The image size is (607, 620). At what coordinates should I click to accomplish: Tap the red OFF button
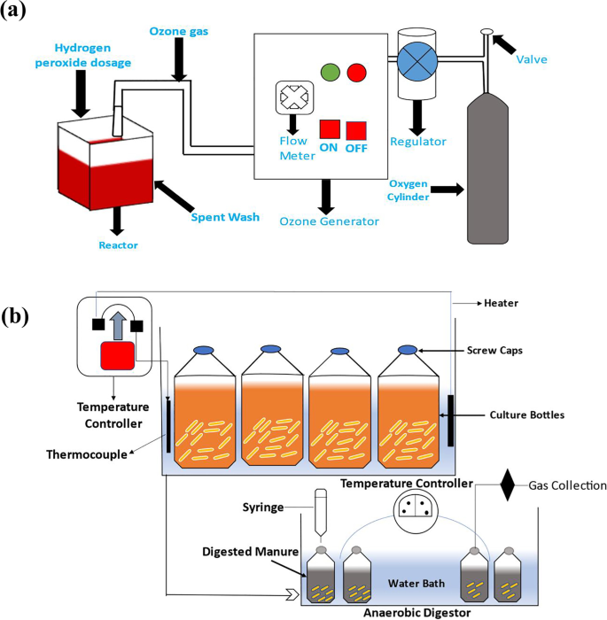(x=356, y=130)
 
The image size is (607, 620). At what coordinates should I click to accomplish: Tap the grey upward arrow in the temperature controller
(x=116, y=325)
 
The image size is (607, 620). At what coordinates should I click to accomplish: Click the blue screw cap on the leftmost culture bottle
(x=203, y=349)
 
